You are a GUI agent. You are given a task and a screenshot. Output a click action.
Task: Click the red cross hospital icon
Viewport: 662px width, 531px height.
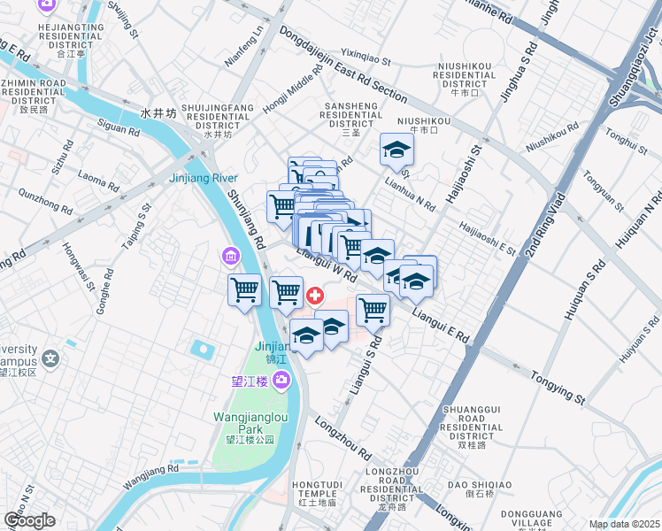(314, 295)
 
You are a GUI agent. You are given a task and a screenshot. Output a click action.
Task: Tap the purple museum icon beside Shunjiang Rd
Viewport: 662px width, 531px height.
(231, 257)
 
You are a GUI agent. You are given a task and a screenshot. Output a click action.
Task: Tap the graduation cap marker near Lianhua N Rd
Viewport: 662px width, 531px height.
(396, 150)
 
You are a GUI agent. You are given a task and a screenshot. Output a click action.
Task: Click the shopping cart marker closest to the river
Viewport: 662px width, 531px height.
(244, 290)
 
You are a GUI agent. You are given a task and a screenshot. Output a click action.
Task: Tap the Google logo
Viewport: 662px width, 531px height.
(29, 519)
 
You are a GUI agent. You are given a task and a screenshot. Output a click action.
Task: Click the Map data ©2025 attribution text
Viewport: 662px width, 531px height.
(624, 524)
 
